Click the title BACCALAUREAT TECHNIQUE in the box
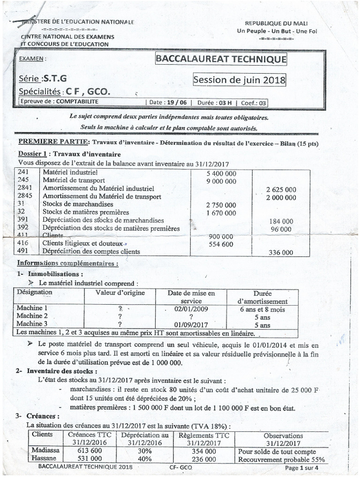(x=220, y=60)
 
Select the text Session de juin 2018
(x=240, y=80)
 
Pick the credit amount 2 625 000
(x=281, y=189)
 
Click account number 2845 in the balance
(x=25, y=196)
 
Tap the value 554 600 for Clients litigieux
(x=220, y=244)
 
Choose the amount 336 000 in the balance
(x=280, y=252)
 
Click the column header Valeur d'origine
(x=120, y=293)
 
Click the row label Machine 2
(x=32, y=316)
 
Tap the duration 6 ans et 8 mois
(x=262, y=309)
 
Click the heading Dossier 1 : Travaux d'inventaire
(x=69, y=154)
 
